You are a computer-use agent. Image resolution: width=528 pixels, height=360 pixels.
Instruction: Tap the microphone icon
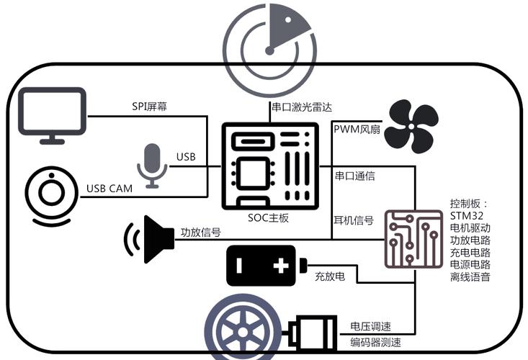tap(152, 165)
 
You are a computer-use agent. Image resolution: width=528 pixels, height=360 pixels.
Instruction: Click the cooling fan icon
tap(411, 127)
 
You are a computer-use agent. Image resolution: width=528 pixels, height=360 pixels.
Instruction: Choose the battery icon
tap(264, 266)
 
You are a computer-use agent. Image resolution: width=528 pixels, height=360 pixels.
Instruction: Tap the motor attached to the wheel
tap(312, 333)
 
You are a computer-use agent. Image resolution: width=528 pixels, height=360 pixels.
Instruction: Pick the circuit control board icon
tap(413, 239)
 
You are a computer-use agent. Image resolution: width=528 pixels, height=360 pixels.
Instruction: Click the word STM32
tap(466, 215)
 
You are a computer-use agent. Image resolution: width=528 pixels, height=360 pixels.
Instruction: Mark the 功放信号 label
tap(200, 233)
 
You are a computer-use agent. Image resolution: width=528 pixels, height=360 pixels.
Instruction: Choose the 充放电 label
tap(330, 276)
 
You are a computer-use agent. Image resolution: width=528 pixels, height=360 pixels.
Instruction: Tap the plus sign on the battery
tap(281, 266)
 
